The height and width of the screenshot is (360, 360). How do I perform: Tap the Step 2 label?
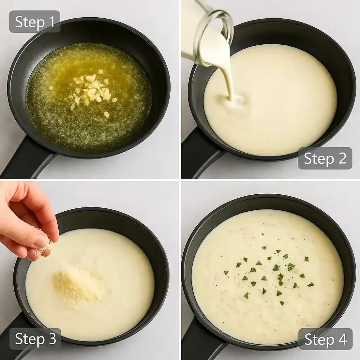(325, 158)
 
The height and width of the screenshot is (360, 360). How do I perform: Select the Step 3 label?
(35, 339)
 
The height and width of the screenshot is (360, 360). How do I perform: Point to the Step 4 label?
(325, 339)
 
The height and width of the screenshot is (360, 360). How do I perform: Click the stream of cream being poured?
(228, 76)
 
